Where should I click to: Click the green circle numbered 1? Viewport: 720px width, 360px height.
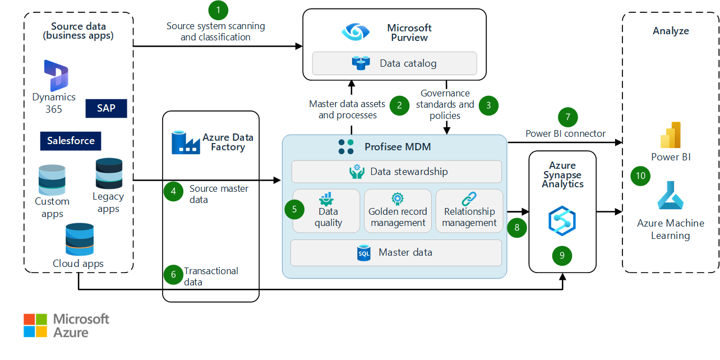[218, 11]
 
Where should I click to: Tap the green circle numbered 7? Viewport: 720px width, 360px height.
[568, 117]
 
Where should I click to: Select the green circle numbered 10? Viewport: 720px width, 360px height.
[640, 176]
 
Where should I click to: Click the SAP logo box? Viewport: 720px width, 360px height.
[106, 108]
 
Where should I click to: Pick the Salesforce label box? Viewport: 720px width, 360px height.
[71, 141]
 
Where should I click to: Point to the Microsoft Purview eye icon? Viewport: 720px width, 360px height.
[356, 32]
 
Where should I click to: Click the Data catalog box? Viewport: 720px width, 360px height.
[394, 63]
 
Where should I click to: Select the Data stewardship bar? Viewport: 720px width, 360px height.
[396, 172]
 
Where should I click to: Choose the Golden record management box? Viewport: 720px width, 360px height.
[398, 211]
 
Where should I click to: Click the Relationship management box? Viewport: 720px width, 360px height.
[469, 211]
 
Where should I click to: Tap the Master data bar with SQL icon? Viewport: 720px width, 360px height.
[396, 253]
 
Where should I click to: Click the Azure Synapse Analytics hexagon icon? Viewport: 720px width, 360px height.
[562, 220]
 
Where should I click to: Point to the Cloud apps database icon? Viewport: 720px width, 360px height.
[80, 239]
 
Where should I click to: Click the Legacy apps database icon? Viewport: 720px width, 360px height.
[109, 173]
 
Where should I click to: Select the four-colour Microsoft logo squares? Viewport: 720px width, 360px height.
[35, 325]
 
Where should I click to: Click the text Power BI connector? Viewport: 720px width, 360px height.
[565, 133]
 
